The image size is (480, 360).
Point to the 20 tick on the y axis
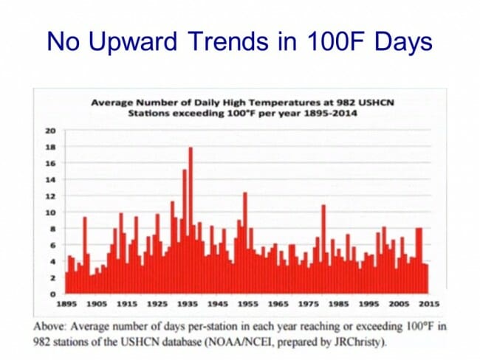(x=50, y=131)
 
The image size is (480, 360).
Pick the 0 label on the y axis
(x=52, y=294)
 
